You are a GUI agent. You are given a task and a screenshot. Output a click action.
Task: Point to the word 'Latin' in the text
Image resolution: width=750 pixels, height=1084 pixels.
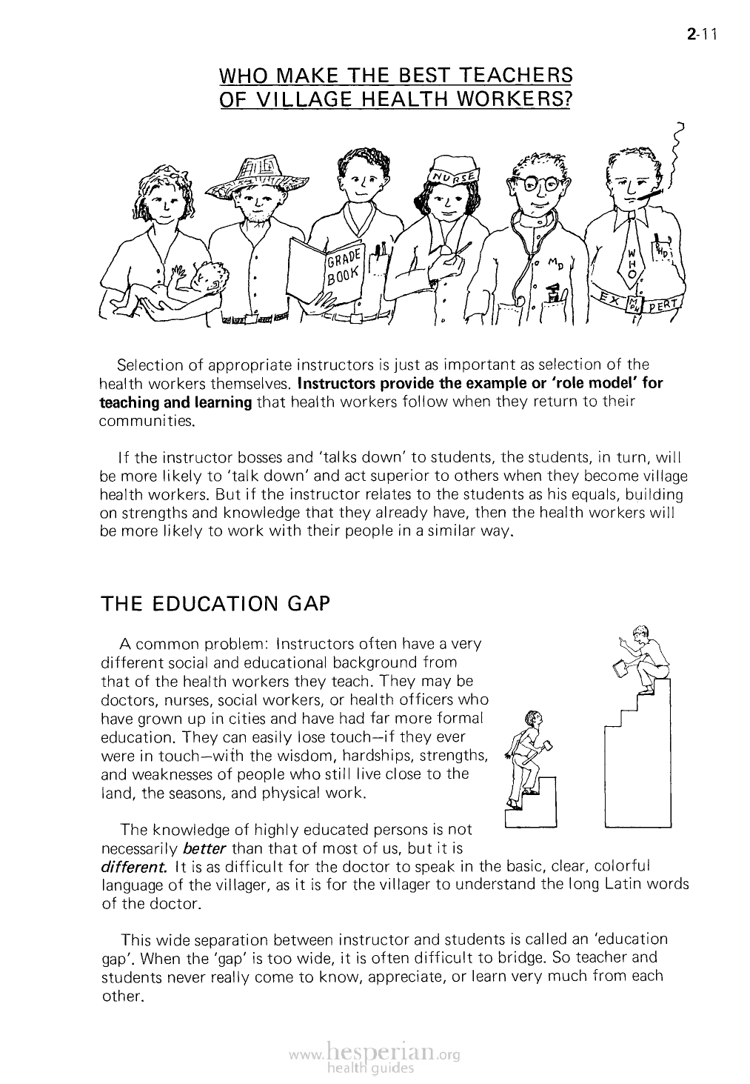pyautogui.click(x=620, y=884)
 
